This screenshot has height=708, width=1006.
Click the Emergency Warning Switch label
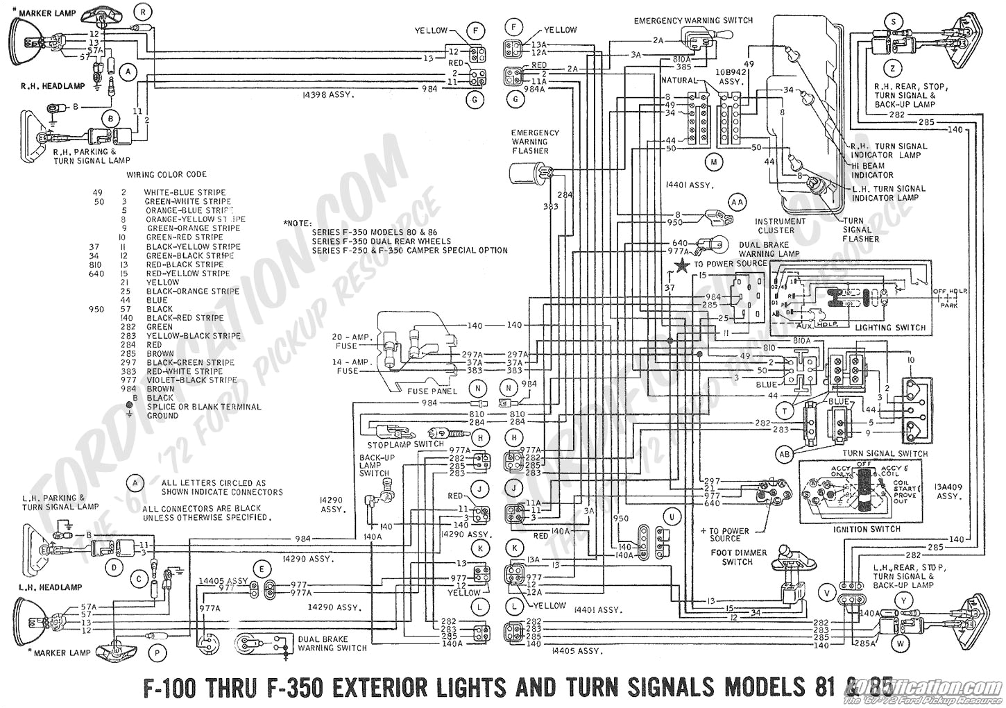click(692, 20)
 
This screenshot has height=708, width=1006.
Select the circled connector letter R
click(144, 11)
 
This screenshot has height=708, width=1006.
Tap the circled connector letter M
click(713, 162)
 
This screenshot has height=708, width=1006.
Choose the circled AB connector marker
click(785, 454)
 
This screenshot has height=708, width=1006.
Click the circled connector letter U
click(672, 516)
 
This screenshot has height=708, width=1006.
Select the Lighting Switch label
click(890, 328)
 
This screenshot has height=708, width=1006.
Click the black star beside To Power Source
click(684, 264)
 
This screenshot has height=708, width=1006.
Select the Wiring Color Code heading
click(167, 174)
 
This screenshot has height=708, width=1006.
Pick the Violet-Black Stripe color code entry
click(191, 380)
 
